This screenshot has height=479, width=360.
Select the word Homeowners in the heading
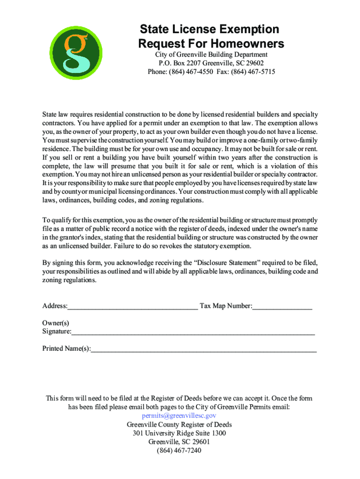[247, 44]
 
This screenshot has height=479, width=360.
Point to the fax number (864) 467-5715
[256, 72]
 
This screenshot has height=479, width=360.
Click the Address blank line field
[132, 307]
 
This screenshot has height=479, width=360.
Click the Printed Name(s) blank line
[203, 349]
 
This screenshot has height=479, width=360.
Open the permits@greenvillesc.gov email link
[179, 416]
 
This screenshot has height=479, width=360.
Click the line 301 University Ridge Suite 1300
[180, 433]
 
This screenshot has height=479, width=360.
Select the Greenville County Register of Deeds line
[180, 425]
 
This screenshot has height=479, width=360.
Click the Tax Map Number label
[226, 306]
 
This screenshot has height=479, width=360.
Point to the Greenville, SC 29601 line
[180, 442]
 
